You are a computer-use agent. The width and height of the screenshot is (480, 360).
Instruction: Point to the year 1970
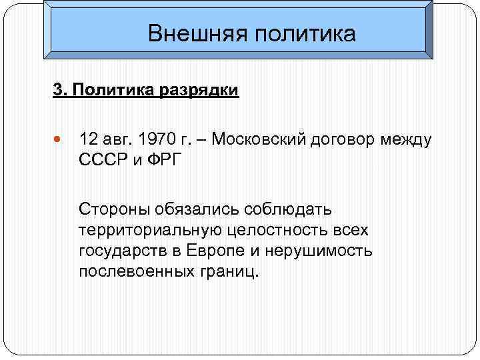158,141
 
